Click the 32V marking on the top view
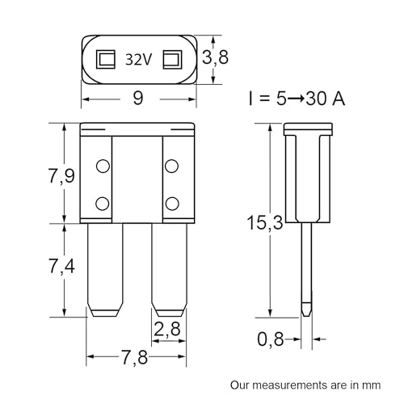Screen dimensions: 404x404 [x=139, y=59]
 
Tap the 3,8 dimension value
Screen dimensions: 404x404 [x=215, y=57]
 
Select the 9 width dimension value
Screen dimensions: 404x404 [x=138, y=98]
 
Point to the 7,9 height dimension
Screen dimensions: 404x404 [x=61, y=175]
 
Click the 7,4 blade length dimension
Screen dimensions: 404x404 [x=61, y=266]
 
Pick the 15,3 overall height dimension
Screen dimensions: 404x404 [x=265, y=222]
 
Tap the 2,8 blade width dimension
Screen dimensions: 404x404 [x=167, y=329]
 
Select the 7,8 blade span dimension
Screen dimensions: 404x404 [x=135, y=357]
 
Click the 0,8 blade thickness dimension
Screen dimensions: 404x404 [x=271, y=339]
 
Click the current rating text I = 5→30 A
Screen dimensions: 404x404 [x=297, y=99]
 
